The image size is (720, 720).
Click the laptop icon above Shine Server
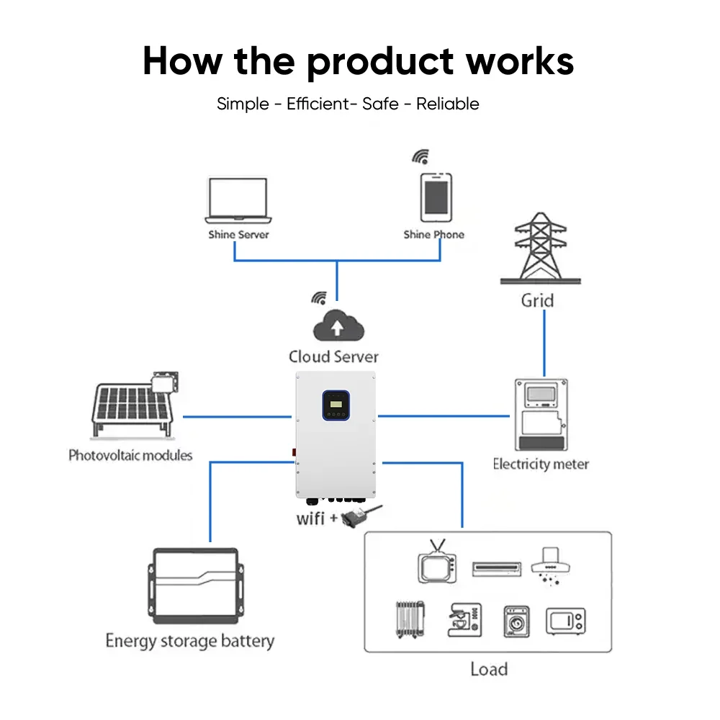click(238, 201)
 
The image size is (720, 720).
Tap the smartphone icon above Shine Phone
click(436, 196)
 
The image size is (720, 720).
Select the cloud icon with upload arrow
click(337, 326)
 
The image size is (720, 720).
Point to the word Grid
click(537, 300)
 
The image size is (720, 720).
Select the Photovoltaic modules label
click(130, 455)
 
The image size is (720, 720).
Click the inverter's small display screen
click(336, 405)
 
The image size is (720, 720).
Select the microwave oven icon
click(565, 621)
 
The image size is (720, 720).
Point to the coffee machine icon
click(463, 620)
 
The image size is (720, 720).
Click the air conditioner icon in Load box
click(496, 567)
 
